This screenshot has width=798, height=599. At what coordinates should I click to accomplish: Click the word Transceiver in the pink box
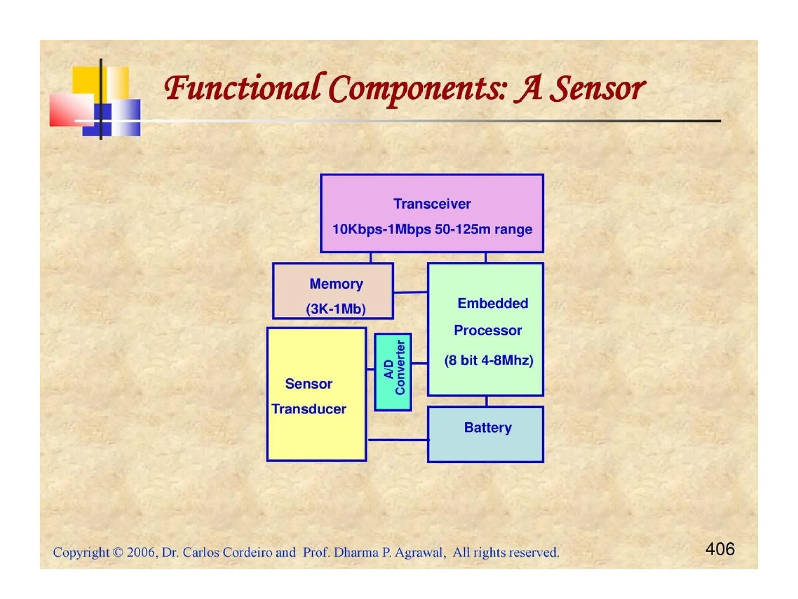[432, 204]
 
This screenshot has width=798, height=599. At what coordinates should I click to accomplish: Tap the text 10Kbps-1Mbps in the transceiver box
[381, 229]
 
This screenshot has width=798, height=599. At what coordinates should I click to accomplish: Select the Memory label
[336, 284]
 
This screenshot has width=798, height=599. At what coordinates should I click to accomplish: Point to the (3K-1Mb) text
[336, 309]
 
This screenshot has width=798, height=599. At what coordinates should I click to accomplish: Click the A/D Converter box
[393, 372]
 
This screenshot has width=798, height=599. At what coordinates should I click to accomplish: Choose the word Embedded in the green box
[493, 303]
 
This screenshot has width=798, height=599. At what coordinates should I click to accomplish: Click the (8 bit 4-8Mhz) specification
[489, 360]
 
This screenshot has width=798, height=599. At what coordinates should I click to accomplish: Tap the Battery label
[487, 428]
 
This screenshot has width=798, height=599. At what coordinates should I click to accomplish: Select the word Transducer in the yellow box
[309, 409]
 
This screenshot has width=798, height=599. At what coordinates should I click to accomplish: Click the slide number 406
[720, 549]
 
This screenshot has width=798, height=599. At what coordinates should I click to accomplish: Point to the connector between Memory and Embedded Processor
[410, 292]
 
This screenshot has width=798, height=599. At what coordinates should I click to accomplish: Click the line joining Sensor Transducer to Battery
[397, 440]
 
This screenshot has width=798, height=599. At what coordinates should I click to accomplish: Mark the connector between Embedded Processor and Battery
[486, 401]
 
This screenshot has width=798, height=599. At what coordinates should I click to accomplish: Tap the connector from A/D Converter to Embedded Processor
[420, 363]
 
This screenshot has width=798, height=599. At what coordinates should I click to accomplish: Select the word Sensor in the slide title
[599, 89]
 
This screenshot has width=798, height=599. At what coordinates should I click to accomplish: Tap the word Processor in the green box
[487, 331]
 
